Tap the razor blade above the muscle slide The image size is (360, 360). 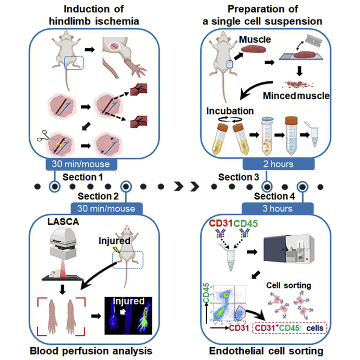pyautogui.click(x=313, y=41)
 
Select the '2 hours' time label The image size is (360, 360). pyautogui.click(x=278, y=164)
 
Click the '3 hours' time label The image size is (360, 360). pyautogui.click(x=278, y=209)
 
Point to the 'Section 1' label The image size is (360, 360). pyautogui.click(x=82, y=177)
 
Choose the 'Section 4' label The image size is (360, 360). pyautogui.click(x=274, y=196)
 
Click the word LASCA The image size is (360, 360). pyautogui.click(x=63, y=222)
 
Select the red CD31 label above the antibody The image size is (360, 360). pyautogui.click(x=221, y=223)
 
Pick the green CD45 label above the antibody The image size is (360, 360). pyautogui.click(x=246, y=223)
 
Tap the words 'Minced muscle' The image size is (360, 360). pyautogui.click(x=296, y=96)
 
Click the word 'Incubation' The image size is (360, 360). pyautogui.click(x=230, y=111)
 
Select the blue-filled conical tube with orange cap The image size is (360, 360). pyautogui.click(x=291, y=135)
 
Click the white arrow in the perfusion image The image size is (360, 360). pyautogui.click(x=123, y=311)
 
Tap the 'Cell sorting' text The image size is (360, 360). pyautogui.click(x=288, y=285)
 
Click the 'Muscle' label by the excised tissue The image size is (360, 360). pyautogui.click(x=255, y=40)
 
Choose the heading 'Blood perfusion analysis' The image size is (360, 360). pyautogui.click(x=91, y=351)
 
